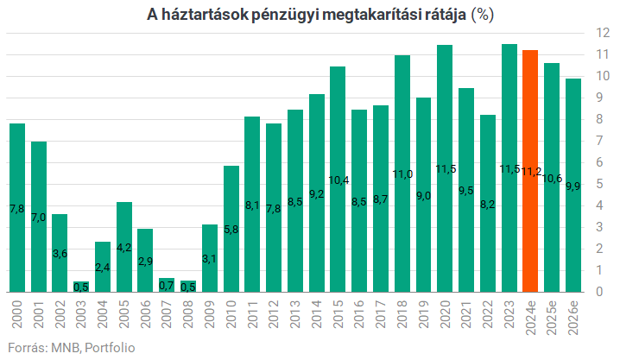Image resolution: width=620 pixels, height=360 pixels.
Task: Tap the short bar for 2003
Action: pyautogui.click(x=81, y=287)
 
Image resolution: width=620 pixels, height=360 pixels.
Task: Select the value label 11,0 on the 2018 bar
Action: pyautogui.click(x=402, y=174)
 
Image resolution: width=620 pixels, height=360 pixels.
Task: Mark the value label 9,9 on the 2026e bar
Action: pyautogui.click(x=573, y=186)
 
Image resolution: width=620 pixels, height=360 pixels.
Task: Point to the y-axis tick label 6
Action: pyautogui.click(x=597, y=162)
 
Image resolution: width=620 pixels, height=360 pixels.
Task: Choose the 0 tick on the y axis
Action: pyautogui.click(x=597, y=292)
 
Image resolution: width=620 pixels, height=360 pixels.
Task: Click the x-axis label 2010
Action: pyautogui.click(x=231, y=314)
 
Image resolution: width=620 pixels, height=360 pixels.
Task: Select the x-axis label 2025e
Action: pyautogui.click(x=552, y=317)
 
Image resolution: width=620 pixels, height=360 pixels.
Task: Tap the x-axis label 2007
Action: pyautogui.click(x=168, y=314)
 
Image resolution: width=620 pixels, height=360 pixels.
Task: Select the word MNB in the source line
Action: pyautogui.click(x=62, y=346)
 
